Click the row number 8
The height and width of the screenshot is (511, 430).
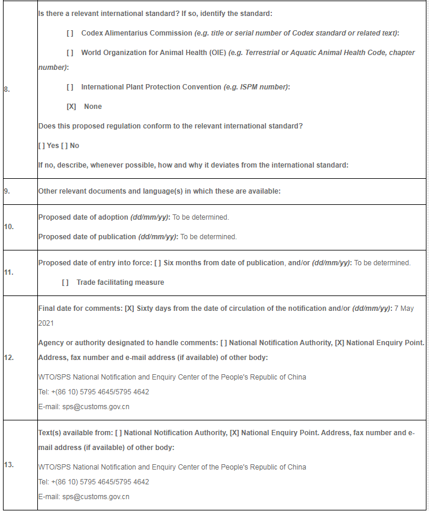pyautogui.click(x=7, y=89)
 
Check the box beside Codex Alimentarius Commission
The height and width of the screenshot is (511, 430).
pyautogui.click(x=70, y=33)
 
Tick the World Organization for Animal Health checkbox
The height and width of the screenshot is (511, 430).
pyautogui.click(x=70, y=53)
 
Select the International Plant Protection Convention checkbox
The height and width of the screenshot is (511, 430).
pyautogui.click(x=70, y=87)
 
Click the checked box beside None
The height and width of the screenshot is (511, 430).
pyautogui.click(x=71, y=107)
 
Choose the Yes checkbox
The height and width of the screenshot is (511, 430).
pyautogui.click(x=41, y=146)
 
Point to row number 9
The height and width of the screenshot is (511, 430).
pyautogui.click(x=7, y=191)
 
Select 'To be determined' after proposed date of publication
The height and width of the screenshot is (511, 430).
pyautogui.click(x=208, y=237)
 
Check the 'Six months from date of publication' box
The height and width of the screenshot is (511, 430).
pyautogui.click(x=158, y=263)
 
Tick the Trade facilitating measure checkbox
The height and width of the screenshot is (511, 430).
pyautogui.click(x=65, y=282)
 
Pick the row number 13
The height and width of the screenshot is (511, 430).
pyautogui.click(x=8, y=465)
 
